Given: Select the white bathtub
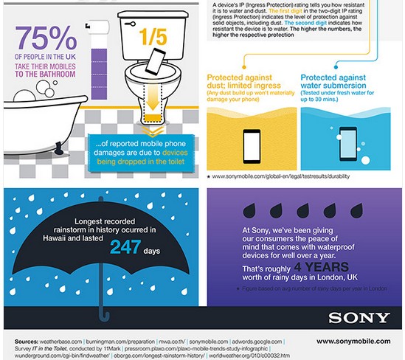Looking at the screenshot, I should pos(33,144).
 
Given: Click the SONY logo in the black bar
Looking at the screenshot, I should pos(359,319).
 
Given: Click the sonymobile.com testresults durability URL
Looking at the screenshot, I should pos(277,177).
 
